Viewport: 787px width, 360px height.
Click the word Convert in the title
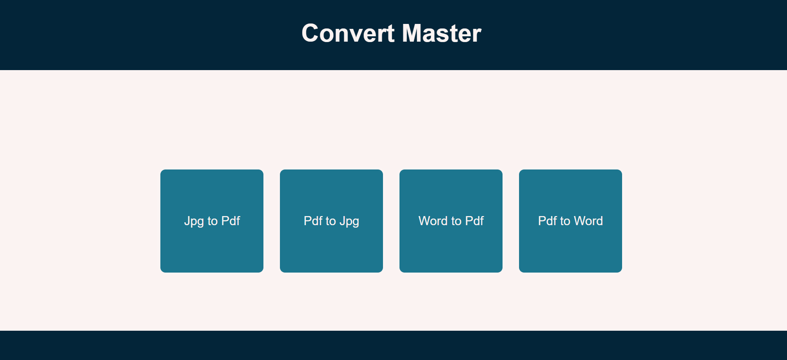(x=348, y=33)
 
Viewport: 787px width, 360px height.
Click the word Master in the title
(x=441, y=33)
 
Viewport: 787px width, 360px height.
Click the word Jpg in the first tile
(x=194, y=221)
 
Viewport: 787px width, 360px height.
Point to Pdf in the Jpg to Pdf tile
(x=230, y=221)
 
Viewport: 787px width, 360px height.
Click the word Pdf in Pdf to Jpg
(x=313, y=221)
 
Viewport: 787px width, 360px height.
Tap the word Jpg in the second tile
(x=349, y=221)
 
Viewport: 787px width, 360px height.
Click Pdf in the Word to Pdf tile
(x=474, y=221)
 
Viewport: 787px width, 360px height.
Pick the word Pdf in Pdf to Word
(x=547, y=221)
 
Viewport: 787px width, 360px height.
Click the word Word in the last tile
(x=588, y=221)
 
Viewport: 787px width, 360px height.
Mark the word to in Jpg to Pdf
(x=212, y=221)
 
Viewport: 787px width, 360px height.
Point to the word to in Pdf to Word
(x=565, y=221)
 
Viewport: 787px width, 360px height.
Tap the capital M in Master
(x=413, y=33)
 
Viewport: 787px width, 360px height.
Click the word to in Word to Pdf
(x=456, y=221)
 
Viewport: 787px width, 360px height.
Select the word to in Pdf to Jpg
(x=331, y=221)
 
